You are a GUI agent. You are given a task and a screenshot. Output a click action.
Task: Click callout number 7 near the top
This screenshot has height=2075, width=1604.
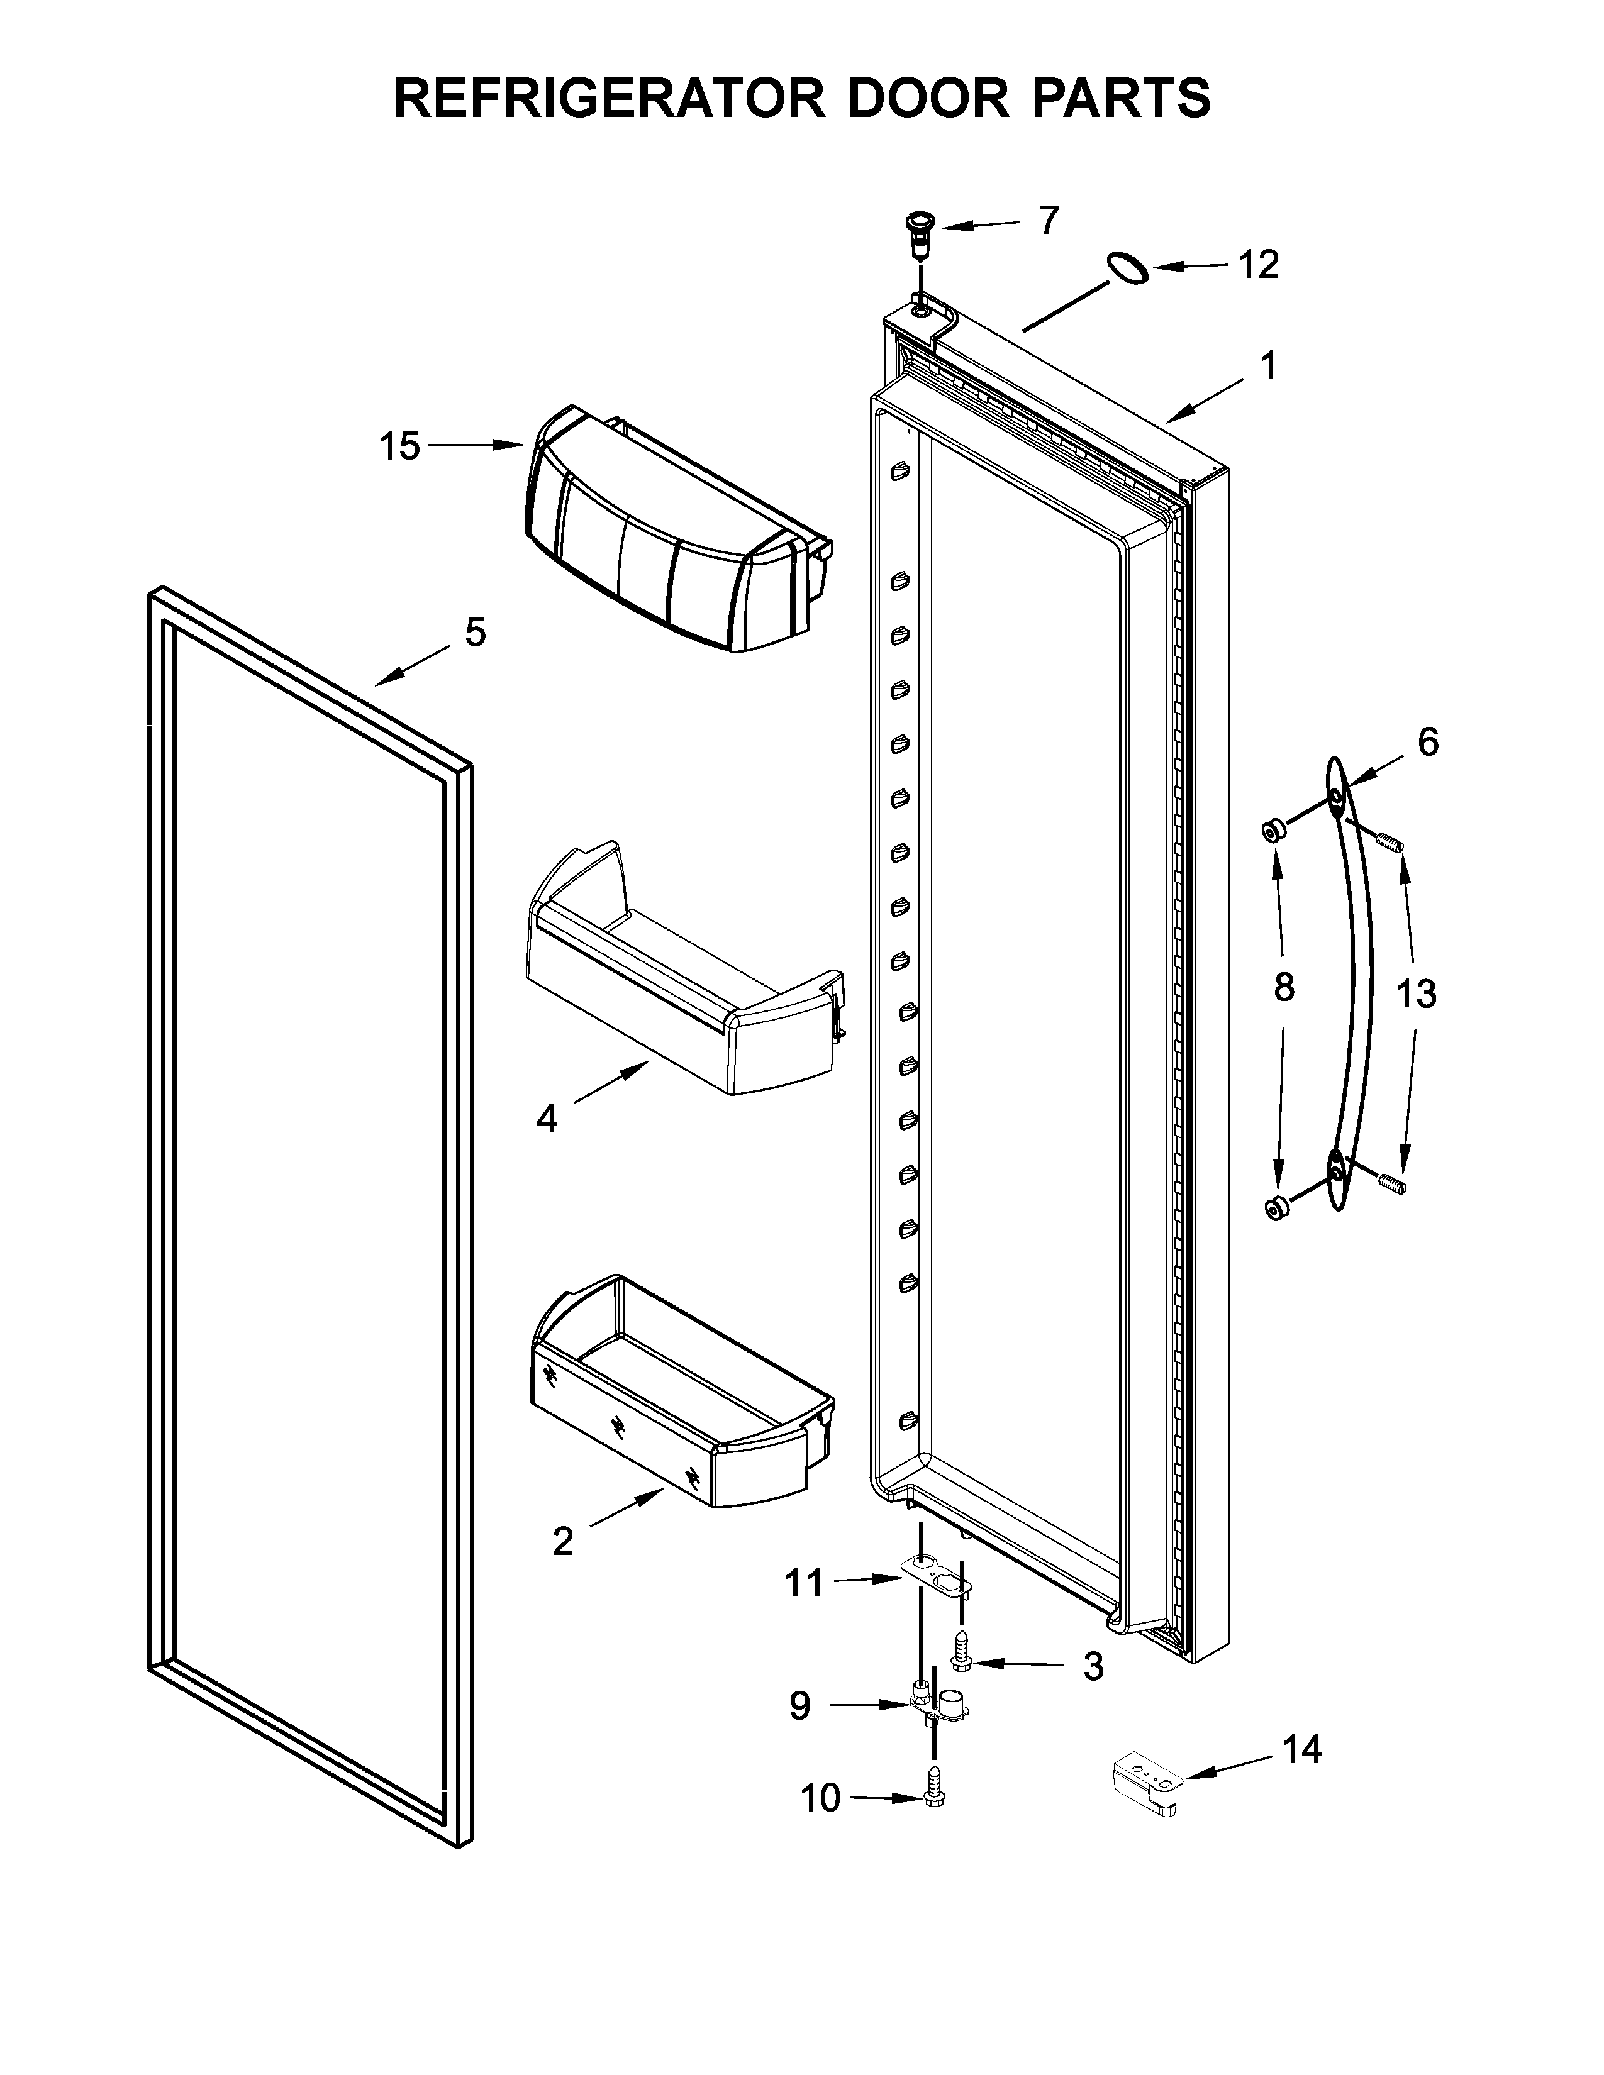pos(1048,221)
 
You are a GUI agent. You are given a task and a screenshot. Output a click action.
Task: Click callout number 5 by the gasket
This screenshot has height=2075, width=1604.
pos(475,632)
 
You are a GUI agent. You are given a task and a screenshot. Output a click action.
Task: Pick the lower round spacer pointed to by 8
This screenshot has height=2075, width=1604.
pos(1277,1209)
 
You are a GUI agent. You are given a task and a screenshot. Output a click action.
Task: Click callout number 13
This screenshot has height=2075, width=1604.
pos(1416,995)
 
